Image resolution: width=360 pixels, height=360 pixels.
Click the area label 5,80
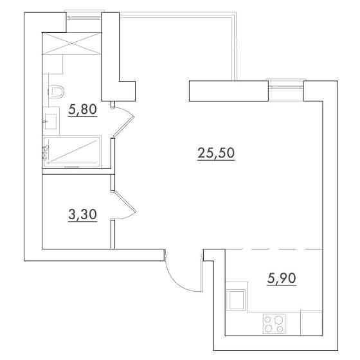click(x=83, y=109)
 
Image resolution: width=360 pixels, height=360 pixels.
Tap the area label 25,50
click(x=216, y=153)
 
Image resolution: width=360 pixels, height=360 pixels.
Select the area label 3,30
click(x=83, y=215)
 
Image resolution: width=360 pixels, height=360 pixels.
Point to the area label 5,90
click(x=282, y=278)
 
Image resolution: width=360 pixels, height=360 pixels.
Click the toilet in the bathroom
click(x=56, y=92)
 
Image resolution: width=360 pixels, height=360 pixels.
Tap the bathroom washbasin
click(x=51, y=122)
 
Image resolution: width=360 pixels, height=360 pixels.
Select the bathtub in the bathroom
click(x=72, y=152)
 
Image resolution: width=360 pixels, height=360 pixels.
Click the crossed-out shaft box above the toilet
click(x=71, y=44)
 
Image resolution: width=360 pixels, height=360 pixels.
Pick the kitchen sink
click(x=236, y=300)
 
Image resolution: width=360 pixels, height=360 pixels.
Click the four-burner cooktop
click(x=274, y=324)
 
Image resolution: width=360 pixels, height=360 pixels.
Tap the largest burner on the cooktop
click(x=278, y=319)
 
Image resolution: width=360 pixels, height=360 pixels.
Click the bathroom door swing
click(x=124, y=121)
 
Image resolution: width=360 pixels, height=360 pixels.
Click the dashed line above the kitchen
click(x=274, y=249)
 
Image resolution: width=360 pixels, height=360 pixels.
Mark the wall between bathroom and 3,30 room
click(x=76, y=172)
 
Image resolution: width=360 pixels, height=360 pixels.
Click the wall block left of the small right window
click(x=229, y=91)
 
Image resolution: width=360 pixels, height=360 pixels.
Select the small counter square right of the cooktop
click(x=312, y=323)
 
